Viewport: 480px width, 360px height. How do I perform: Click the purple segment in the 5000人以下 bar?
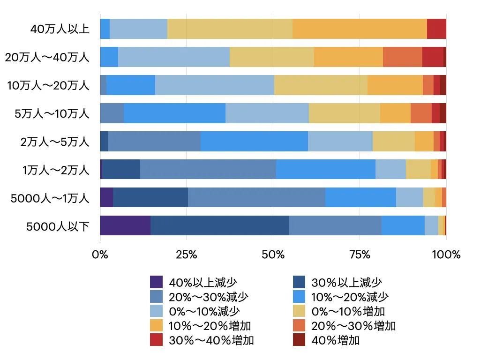[125, 225]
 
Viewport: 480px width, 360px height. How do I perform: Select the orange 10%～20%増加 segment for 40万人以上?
[360, 29]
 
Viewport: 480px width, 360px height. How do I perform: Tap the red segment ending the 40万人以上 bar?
[436, 29]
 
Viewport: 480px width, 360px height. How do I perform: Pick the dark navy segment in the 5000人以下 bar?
[220, 225]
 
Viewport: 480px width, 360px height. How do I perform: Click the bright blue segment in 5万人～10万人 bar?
[174, 113]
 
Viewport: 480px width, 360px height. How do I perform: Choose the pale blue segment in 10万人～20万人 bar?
[214, 85]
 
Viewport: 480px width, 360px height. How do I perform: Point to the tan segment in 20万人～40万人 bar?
[272, 57]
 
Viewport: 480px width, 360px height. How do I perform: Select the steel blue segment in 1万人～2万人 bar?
[208, 169]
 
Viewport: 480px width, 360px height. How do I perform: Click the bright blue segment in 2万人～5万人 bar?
[254, 141]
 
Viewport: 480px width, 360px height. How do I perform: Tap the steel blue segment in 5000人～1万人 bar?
[256, 197]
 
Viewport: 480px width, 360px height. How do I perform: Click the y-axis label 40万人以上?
[60, 29]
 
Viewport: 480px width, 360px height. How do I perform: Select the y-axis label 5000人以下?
[58, 227]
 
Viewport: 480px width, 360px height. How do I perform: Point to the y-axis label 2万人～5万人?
[55, 142]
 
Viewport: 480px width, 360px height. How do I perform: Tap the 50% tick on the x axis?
[273, 255]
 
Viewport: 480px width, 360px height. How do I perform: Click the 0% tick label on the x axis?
[100, 255]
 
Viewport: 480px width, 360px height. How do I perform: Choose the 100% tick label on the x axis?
[446, 255]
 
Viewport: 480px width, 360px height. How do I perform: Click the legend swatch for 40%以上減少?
[157, 282]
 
